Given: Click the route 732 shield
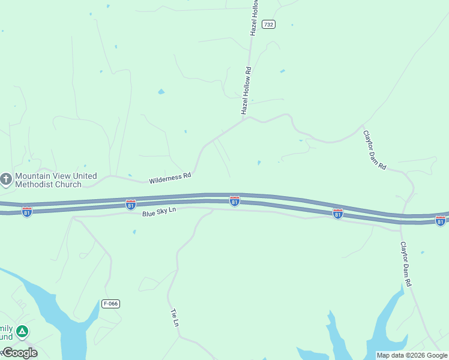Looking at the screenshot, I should pyautogui.click(x=268, y=25).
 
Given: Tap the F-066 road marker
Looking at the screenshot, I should pyautogui.click(x=110, y=304).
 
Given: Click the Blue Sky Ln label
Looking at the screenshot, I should pyautogui.click(x=159, y=212).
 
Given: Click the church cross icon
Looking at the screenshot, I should pyautogui.click(x=6, y=179).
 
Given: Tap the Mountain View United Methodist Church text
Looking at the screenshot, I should pyautogui.click(x=56, y=180).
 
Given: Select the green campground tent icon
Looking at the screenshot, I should pyautogui.click(x=22, y=331).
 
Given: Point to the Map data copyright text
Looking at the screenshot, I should pyautogui.click(x=412, y=355).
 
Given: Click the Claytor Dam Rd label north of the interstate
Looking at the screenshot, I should pyautogui.click(x=375, y=150).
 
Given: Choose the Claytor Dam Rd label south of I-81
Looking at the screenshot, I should pyautogui.click(x=406, y=263).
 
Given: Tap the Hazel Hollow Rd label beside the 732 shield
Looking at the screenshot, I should pyautogui.click(x=254, y=18).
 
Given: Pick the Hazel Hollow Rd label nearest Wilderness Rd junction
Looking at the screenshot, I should pyautogui.click(x=246, y=91).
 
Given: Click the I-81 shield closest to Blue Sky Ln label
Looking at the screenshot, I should pyautogui.click(x=130, y=205).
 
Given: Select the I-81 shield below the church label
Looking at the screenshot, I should pyautogui.click(x=26, y=211).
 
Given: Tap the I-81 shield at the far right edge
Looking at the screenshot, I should pyautogui.click(x=441, y=221).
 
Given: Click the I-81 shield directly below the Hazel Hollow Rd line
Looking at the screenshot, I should pyautogui.click(x=235, y=201).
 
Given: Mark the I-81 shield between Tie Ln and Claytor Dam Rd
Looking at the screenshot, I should pyautogui.click(x=338, y=214).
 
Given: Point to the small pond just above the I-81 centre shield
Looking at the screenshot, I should pyautogui.click(x=259, y=163).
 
